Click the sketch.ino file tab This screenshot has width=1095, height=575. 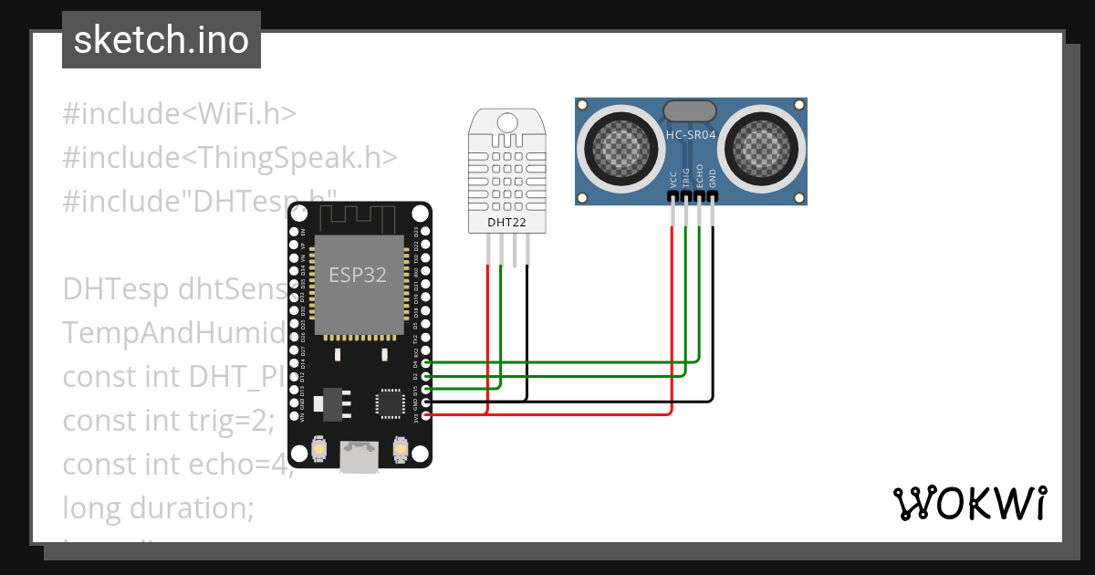click(x=162, y=40)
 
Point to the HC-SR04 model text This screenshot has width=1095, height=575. click(x=690, y=134)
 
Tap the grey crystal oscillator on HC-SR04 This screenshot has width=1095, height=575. click(x=690, y=110)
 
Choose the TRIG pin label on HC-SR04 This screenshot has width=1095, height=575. click(x=686, y=177)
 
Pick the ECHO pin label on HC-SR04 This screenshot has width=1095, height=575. click(x=700, y=175)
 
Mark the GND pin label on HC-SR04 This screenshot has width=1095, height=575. click(x=713, y=177)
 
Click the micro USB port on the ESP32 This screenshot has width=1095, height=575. click(x=360, y=457)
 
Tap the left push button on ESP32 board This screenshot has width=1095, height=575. click(x=319, y=450)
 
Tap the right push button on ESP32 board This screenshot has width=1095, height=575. click(x=400, y=450)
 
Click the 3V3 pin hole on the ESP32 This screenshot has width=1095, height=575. click(x=424, y=415)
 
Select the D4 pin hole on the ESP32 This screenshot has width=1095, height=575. click(x=424, y=362)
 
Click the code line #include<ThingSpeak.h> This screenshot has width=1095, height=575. click(x=230, y=157)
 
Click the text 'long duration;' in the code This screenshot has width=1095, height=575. click(x=157, y=507)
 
